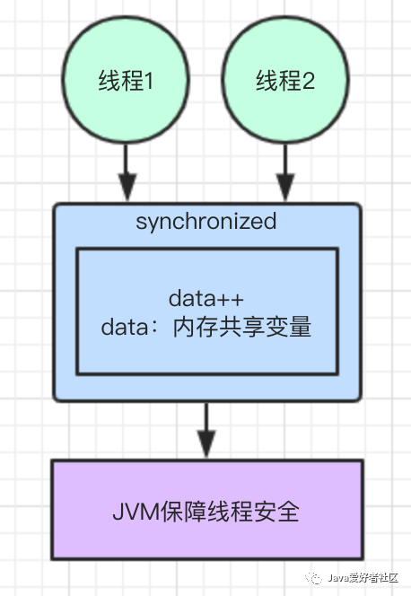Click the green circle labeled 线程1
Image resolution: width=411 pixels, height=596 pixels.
coord(127,82)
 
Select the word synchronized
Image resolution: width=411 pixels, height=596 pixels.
coord(206,221)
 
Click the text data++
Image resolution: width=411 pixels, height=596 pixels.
coord(206,298)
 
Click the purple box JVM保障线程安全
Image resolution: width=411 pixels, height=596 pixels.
coord(206,511)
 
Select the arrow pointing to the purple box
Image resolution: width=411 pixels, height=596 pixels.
coord(206,429)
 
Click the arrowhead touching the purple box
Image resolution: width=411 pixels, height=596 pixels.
coord(206,446)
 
